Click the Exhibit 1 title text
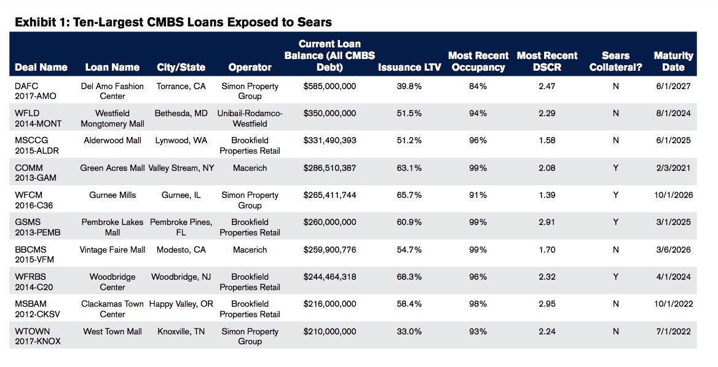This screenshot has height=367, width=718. coord(173,22)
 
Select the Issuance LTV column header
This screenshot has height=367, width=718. coord(409,67)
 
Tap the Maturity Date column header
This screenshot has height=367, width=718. coord(673,61)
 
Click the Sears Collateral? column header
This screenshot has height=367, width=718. coord(615,61)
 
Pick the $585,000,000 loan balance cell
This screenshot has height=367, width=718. coord(329,87)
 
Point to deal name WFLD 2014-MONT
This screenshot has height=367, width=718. coord(38,119)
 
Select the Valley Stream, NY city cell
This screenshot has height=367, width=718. coord(181,168)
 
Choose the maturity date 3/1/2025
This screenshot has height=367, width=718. coord(673,223)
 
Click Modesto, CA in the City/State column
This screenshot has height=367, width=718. coord(181,250)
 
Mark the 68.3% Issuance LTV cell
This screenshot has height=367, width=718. coord(409,277)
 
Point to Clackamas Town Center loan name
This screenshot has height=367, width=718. coord(112,309)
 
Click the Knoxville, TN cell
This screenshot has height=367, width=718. coord(181,332)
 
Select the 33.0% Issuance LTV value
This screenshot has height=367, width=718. coord(409,332)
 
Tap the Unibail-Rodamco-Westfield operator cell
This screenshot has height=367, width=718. coord(250,119)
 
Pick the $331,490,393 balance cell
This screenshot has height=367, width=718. coord(329,141)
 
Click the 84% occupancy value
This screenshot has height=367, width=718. coord(478,87)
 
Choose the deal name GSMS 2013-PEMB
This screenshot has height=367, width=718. coord(38,227)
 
